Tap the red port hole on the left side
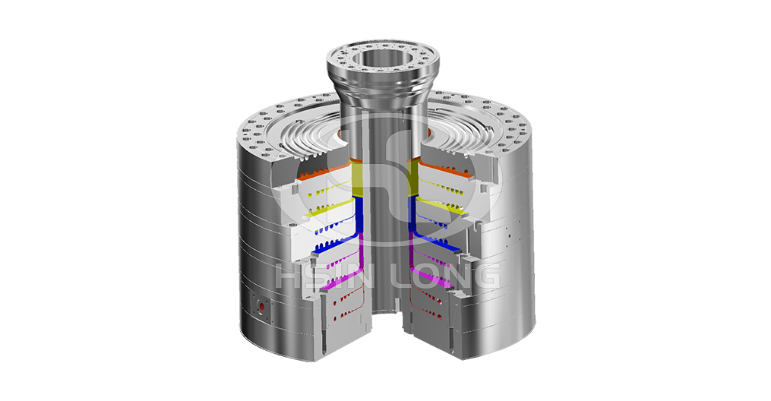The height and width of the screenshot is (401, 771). click(x=261, y=309)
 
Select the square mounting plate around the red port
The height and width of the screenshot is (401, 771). click(x=260, y=308)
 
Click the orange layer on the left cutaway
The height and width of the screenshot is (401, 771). click(x=324, y=171)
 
